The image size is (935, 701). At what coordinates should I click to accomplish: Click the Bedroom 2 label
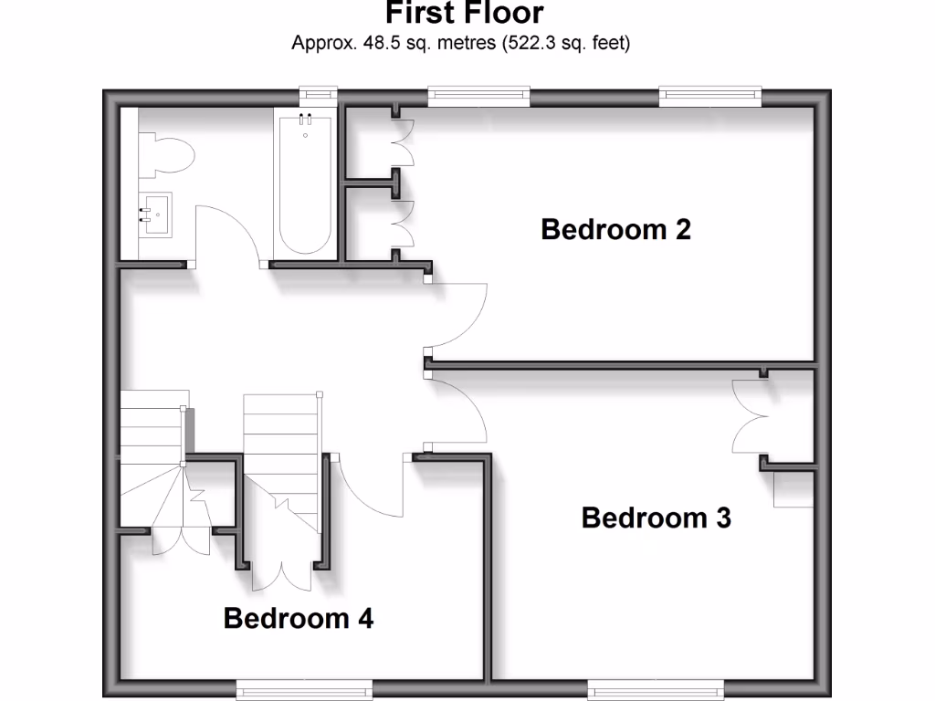(615, 229)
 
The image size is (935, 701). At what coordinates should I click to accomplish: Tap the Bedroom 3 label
(656, 518)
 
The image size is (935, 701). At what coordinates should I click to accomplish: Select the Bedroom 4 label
(298, 619)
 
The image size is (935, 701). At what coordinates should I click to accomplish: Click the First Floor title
(464, 14)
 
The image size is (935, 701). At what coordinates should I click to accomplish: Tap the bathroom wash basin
(154, 215)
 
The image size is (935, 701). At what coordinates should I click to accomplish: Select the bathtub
(305, 183)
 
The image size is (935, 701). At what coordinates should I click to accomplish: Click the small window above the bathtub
(319, 94)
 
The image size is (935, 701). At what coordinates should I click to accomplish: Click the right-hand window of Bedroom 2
(709, 94)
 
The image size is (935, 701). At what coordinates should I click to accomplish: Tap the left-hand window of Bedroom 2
(478, 94)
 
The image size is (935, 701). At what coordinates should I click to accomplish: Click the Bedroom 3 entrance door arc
(461, 411)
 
